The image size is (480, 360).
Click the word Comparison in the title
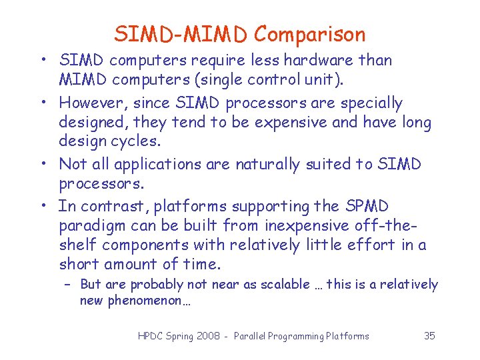click(x=310, y=34)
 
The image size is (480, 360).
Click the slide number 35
click(x=429, y=336)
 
